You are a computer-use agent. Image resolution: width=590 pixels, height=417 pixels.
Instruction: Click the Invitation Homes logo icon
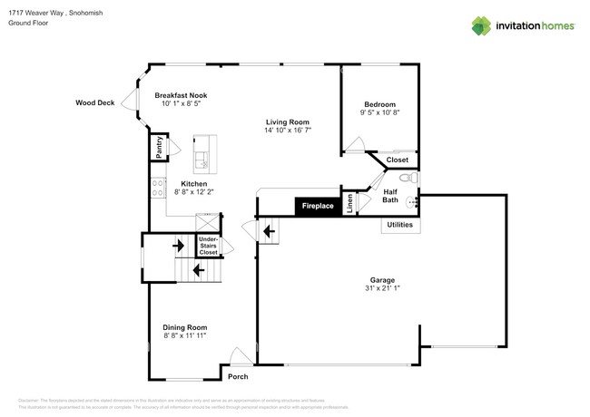480,25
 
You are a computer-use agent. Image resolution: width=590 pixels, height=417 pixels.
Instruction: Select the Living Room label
288,122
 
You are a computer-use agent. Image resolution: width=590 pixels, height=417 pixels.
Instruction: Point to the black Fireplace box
317,207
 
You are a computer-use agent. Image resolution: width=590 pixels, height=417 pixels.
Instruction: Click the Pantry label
158,148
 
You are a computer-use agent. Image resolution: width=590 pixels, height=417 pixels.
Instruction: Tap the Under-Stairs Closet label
208,246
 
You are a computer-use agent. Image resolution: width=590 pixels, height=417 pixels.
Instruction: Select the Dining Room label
185,327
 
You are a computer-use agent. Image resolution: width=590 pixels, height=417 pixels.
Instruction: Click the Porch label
237,376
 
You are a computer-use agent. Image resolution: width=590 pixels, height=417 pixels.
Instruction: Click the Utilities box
399,224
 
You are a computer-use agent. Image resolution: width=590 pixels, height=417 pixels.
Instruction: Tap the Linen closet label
349,205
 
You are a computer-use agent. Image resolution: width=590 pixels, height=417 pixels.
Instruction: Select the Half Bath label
389,196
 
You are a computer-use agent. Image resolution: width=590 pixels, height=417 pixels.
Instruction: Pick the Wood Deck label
94,103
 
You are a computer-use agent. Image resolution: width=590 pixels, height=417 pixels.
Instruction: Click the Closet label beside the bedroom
397,160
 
